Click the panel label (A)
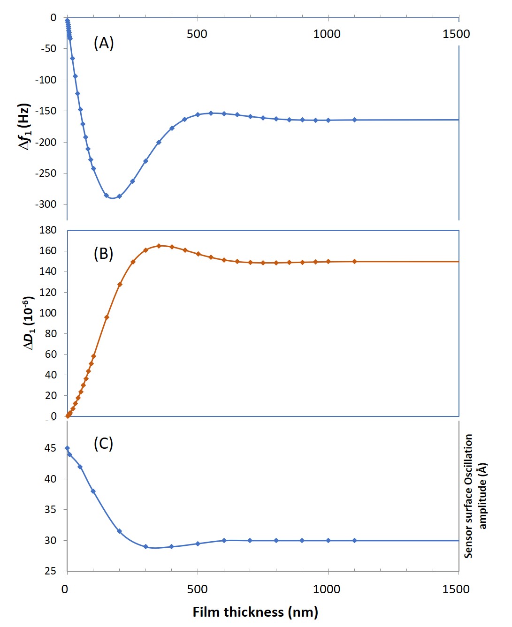pos(104,43)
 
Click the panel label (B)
pos(104,254)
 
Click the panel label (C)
pos(104,443)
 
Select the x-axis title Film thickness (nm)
pos(255,612)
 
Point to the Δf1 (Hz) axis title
pos(24,127)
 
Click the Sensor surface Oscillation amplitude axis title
pos(475,496)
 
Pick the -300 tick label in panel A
pos(46,204)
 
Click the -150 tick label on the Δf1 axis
pos(46,111)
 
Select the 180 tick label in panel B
pos(48,230)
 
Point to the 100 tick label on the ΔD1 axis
pos(48,313)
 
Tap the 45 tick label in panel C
pos(50,448)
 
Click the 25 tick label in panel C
pos(50,571)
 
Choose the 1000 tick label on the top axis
pos(327,34)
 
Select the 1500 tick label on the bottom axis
pos(456,589)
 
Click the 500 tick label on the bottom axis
pos(197,589)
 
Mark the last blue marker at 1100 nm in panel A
pos(354,120)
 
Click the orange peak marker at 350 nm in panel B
pos(159,246)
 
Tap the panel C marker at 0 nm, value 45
pos(67,448)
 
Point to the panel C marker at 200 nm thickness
pos(119,531)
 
